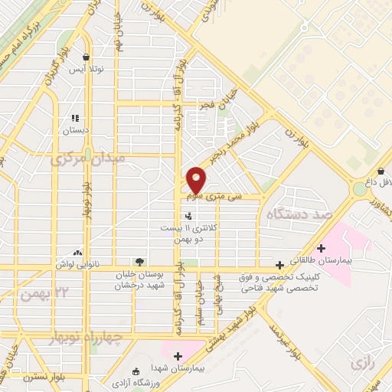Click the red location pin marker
[196, 180]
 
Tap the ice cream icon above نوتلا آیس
[86, 57]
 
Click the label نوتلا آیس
[86, 70]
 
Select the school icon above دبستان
[75, 118]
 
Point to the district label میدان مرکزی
[77, 160]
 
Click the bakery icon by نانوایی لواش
[77, 252]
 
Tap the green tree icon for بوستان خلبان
[138, 262]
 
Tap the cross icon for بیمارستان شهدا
[178, 356]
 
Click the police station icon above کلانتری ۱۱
[188, 218]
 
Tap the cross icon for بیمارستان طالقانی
[321, 248]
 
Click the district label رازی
[361, 362]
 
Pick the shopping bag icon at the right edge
[381, 171]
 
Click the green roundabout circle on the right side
[360, 188]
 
